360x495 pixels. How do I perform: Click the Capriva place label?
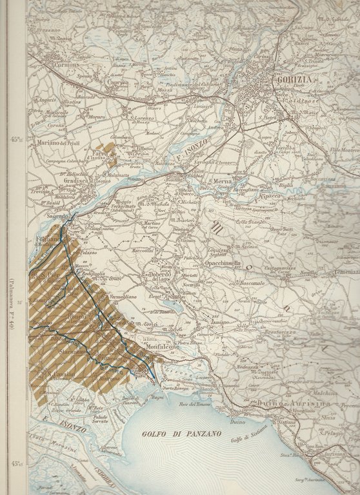pyautogui.click(x=118, y=82)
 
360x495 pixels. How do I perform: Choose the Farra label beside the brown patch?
pyautogui.click(x=99, y=154)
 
